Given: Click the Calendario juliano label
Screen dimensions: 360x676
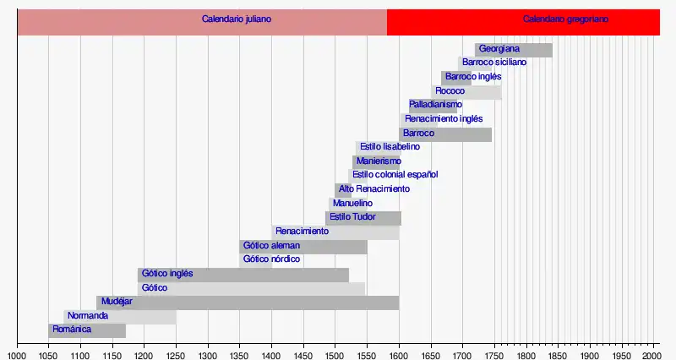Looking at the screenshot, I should [237, 19].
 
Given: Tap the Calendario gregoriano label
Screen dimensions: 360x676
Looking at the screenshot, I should [565, 19].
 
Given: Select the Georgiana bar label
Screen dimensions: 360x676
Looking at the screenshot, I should [499, 49].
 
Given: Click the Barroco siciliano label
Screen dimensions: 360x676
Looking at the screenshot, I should [494, 63].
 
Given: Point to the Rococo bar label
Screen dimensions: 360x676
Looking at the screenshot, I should [450, 91].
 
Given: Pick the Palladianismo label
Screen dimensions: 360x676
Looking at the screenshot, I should [435, 105].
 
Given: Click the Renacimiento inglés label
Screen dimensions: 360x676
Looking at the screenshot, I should [444, 119].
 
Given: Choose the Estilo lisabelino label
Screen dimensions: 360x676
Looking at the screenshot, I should [390, 147].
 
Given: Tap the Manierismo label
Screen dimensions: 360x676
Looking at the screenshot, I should [378, 161].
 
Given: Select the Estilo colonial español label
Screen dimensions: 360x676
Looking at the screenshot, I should [395, 175].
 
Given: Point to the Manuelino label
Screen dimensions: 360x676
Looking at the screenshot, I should [352, 203].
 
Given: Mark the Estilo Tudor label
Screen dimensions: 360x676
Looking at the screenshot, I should [352, 217].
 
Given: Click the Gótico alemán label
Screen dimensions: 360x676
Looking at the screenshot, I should [271, 245].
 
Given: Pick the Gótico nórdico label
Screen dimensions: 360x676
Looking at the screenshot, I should [272, 259].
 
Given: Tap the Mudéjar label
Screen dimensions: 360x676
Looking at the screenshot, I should [117, 301].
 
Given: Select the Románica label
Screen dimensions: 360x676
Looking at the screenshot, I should [72, 329].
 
